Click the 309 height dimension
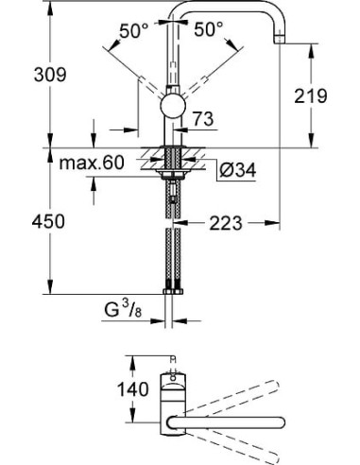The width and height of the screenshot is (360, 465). (x=23, y=73)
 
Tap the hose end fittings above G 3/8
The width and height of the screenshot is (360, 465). (x=172, y=285)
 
